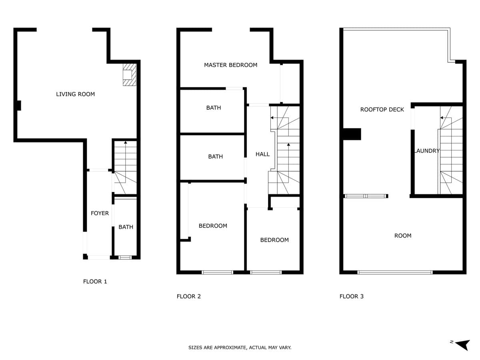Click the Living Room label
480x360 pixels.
[76, 94]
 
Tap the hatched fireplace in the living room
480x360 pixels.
[130, 75]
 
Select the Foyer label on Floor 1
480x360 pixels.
[100, 213]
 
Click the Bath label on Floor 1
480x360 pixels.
[126, 227]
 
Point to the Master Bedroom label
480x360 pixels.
[230, 65]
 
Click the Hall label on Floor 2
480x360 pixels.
[262, 154]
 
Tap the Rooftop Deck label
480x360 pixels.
[382, 110]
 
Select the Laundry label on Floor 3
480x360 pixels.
[427, 151]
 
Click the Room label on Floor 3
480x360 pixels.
[402, 236]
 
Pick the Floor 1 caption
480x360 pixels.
[95, 282]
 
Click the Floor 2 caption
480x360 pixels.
[188, 296]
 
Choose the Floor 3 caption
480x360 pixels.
[352, 296]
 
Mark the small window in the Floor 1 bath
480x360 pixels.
[125, 258]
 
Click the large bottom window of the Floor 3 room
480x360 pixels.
[395, 272]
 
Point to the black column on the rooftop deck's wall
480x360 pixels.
[352, 134]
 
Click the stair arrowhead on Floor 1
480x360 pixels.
[126, 142]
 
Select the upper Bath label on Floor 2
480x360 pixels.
[214, 108]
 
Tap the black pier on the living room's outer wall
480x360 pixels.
[19, 106]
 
